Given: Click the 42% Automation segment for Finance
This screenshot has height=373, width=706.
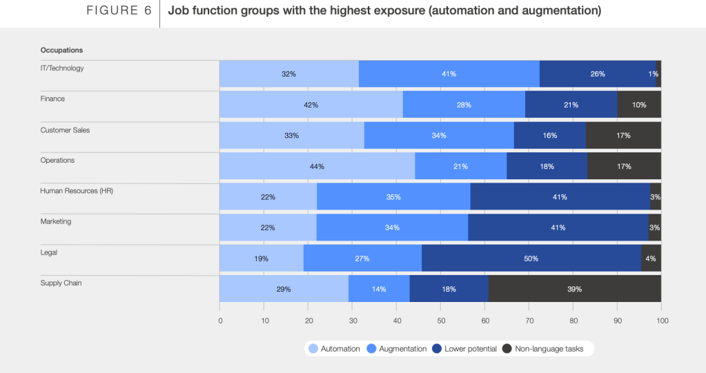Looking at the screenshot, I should point(311,105).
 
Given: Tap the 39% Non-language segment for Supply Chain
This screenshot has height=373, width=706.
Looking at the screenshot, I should point(575,289).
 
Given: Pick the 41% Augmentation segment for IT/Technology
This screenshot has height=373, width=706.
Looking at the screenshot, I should point(449,74).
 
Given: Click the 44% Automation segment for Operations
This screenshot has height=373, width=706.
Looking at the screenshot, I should point(317,166).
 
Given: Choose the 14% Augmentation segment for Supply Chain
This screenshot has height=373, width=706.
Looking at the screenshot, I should point(379,289).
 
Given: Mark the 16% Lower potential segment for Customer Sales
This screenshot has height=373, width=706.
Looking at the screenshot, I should point(549,135).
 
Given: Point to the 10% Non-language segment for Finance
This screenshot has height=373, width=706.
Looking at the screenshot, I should point(639,105).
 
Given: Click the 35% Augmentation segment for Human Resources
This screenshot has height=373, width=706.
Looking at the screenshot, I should point(393,196).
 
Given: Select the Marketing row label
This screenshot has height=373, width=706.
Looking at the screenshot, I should point(56,221).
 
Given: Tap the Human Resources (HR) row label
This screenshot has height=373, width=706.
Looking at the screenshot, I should point(77,191).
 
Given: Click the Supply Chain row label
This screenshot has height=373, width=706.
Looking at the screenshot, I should point(61,283).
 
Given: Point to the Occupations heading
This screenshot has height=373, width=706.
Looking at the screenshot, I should point(61,50).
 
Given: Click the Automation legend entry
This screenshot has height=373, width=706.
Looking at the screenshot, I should point(334,349).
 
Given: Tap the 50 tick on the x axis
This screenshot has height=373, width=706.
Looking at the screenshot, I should point(441,321).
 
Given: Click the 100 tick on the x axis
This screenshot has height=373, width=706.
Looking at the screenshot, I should point(662,321).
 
